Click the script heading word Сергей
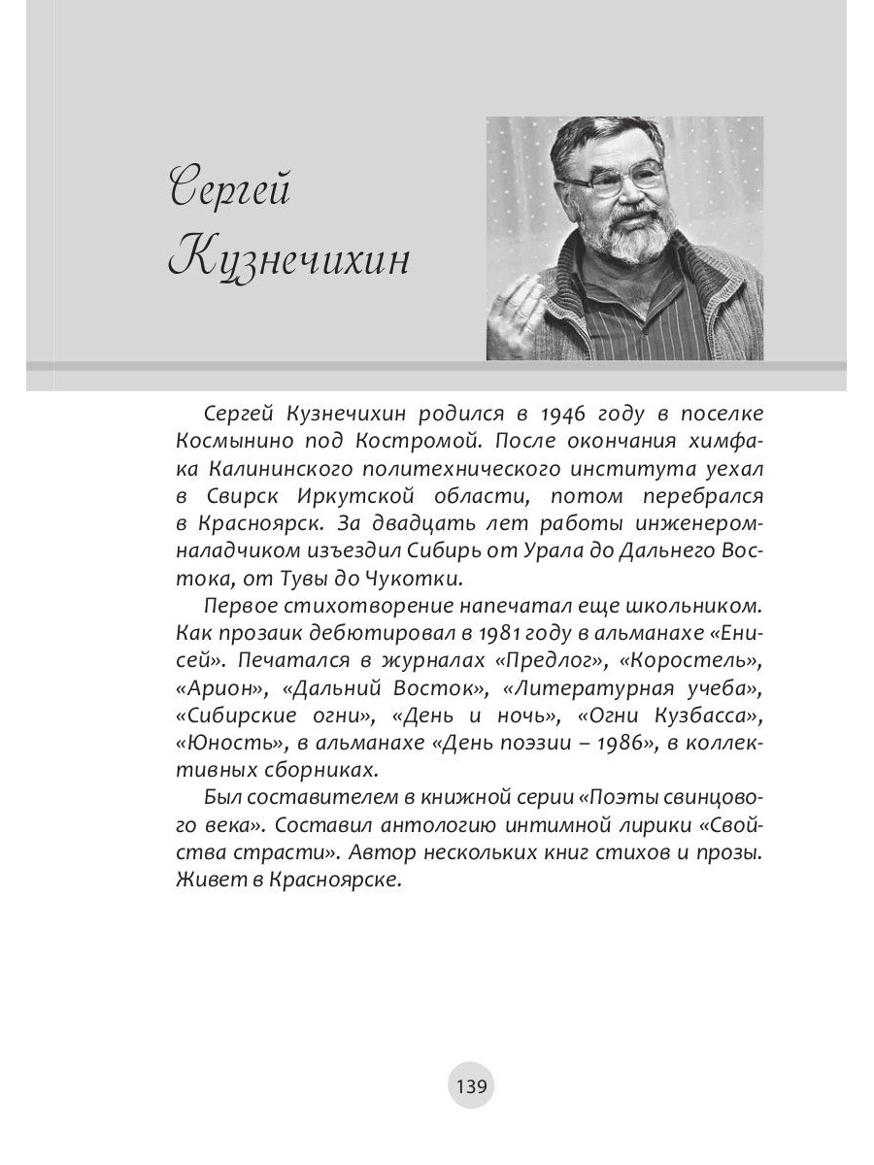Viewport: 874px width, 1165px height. tap(230, 186)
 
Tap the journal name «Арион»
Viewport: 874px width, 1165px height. tap(218, 688)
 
